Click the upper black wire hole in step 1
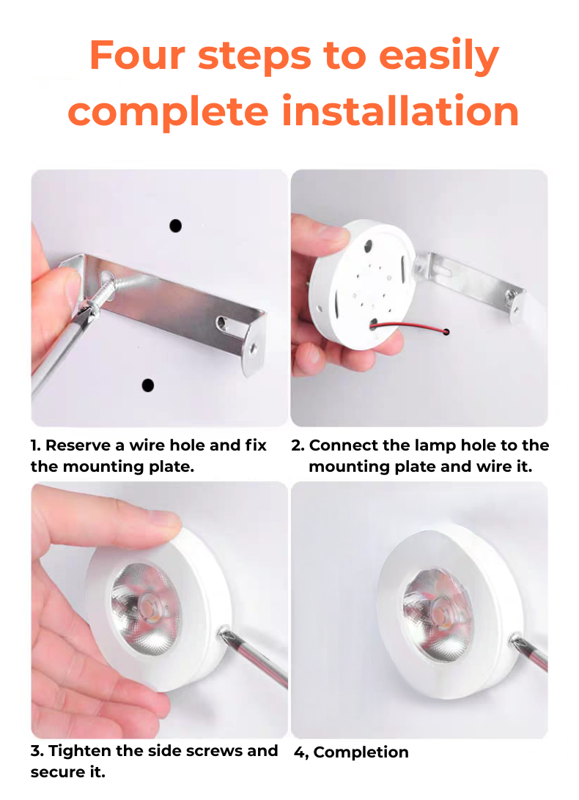tap(175, 226)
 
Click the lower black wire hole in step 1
tap(147, 385)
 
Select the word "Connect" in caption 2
tap(344, 445)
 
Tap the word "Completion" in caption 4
tap(361, 752)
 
